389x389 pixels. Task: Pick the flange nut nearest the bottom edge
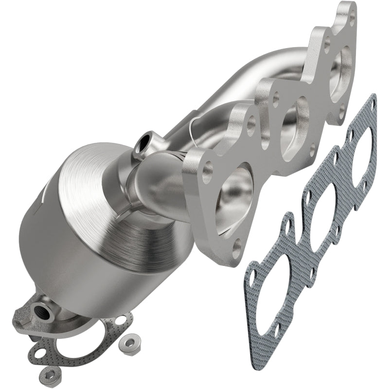(x=50, y=373)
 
